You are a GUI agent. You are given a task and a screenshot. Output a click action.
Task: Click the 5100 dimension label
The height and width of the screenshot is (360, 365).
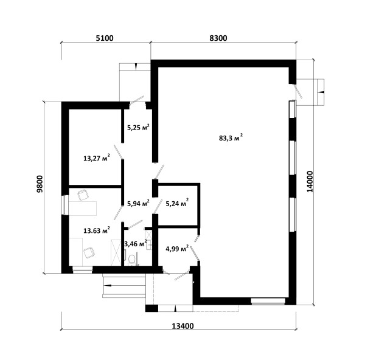pos(105,38)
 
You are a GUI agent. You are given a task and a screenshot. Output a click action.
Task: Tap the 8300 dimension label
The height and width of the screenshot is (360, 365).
pos(218,38)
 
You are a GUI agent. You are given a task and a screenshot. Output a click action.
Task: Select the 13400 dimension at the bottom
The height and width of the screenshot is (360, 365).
pos(182,326)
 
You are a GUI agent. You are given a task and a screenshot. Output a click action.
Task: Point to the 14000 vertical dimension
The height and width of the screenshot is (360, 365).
pos(310,182)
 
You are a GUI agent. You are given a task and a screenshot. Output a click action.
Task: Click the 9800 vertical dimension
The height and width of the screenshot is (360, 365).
pos(40,184)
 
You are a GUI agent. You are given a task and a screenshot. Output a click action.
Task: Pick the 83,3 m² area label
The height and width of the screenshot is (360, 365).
pos(231,137)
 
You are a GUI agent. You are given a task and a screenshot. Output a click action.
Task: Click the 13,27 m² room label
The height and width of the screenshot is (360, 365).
pos(97,158)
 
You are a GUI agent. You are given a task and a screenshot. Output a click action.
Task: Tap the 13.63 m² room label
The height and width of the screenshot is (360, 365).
pos(97,230)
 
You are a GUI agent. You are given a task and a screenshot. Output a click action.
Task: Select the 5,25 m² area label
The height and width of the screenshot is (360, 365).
pos(138,127)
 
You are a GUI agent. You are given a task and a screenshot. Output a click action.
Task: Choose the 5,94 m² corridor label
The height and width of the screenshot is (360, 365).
pos(138,203)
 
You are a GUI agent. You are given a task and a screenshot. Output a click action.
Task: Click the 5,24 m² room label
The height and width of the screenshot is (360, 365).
pos(177,203)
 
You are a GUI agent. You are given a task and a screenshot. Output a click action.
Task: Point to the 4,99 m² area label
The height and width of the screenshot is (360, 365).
pos(177,249)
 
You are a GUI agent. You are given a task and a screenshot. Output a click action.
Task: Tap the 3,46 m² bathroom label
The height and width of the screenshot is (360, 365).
pos(136,244)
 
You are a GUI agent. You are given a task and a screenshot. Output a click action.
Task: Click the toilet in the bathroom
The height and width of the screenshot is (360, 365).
pos(132,260)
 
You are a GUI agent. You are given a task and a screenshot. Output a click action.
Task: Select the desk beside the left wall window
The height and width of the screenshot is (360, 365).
pos(83,209)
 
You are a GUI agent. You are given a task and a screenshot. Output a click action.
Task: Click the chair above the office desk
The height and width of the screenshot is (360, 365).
pos(83,195)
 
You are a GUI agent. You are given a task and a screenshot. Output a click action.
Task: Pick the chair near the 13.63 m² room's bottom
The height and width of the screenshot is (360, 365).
pos(89,253)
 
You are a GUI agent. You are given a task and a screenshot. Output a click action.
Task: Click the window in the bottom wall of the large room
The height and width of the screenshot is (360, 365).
pos(268,301)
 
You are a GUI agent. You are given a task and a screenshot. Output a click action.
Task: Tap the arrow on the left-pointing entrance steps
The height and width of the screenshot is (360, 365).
pos(109,285)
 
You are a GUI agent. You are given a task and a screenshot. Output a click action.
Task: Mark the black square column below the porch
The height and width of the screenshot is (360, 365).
pos(151,308)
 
